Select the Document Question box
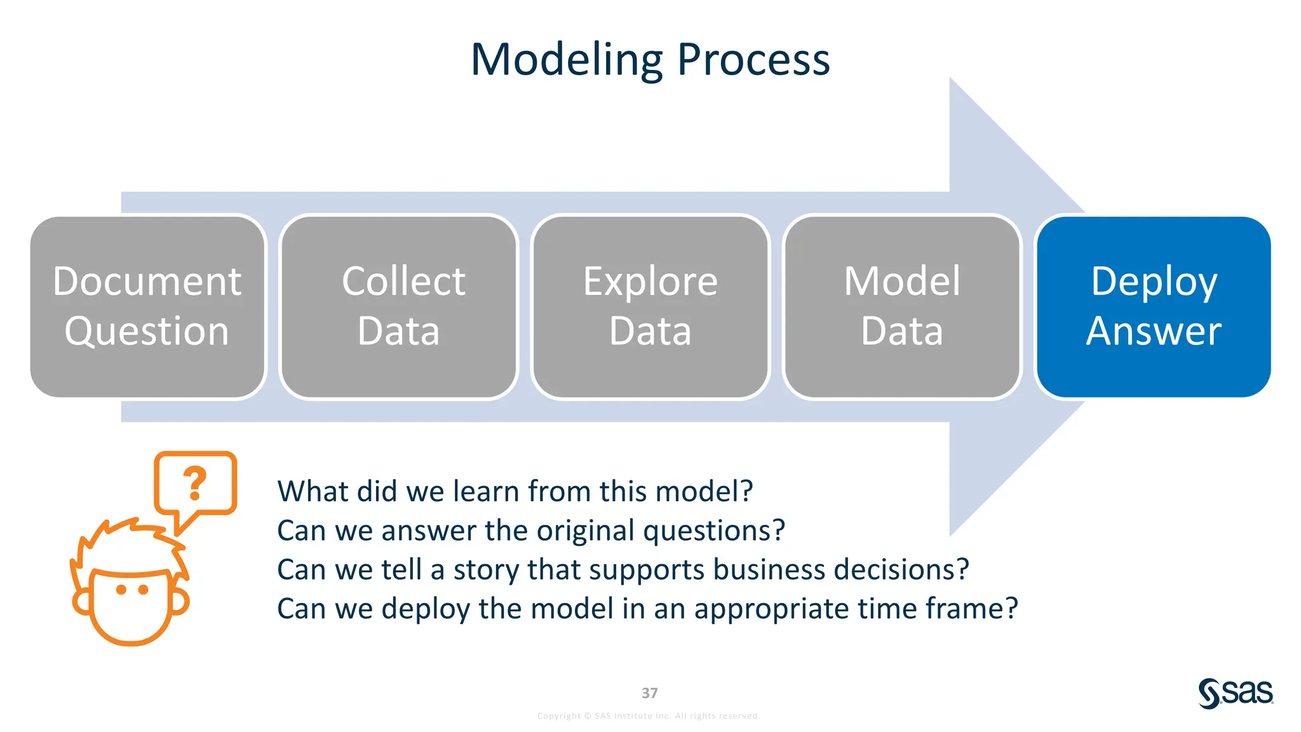[x=147, y=307]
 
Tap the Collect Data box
[x=399, y=307]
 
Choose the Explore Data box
[x=650, y=307]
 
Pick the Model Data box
[x=902, y=307]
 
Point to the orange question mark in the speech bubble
[x=195, y=484]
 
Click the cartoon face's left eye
[x=121, y=590]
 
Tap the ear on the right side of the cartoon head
[x=180, y=601]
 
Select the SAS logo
[x=1236, y=693]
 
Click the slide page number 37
[x=650, y=693]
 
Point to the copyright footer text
[x=649, y=716]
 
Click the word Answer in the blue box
[x=1154, y=331]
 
